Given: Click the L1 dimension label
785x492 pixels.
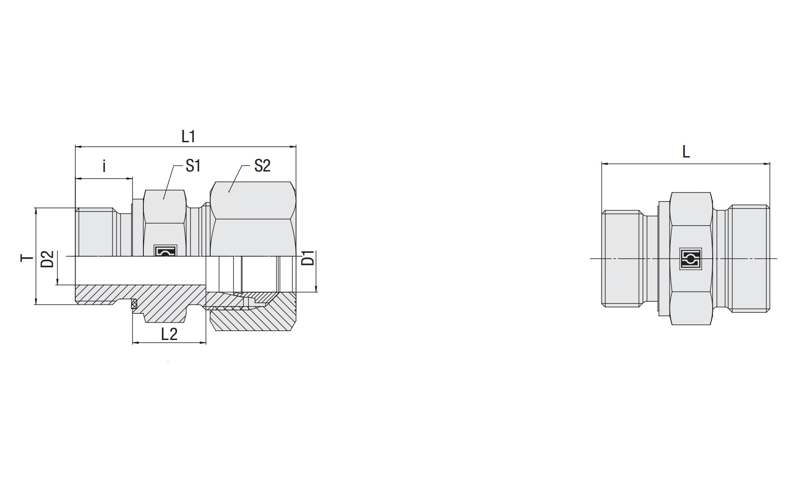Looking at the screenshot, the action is [188, 136].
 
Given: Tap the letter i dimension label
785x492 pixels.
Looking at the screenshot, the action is [104, 166].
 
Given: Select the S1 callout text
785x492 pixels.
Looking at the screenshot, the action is [193, 166].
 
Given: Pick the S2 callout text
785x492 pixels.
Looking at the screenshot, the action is [262, 166].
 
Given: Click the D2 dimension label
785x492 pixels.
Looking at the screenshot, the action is [48, 259].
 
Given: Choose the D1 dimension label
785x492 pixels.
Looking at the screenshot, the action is [309, 258].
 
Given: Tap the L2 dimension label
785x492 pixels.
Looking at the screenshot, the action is [169, 334].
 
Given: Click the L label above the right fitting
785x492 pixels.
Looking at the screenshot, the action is [686, 151].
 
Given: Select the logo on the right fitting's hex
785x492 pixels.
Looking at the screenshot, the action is [691, 259].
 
